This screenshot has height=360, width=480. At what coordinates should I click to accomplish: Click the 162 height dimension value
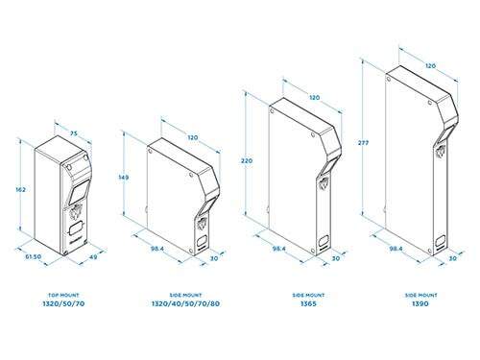pyautogui.click(x=20, y=190)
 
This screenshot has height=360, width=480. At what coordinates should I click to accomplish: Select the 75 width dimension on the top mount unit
pyautogui.click(x=74, y=133)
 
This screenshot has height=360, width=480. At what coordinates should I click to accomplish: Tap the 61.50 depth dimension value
pyautogui.click(x=34, y=256)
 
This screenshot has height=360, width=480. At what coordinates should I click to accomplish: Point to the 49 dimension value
pyautogui.click(x=93, y=257)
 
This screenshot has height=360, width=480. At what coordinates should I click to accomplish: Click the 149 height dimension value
pyautogui.click(x=124, y=178)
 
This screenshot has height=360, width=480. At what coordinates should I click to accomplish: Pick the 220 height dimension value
pyautogui.click(x=247, y=161)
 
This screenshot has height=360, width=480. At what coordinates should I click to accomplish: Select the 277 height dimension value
pyautogui.click(x=363, y=143)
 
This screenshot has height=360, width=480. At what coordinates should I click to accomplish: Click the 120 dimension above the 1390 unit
pyautogui.click(x=430, y=66)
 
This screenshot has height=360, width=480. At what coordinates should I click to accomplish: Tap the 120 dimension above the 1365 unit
pyautogui.click(x=314, y=97)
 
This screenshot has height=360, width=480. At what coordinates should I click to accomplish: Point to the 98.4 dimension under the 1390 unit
pyautogui.click(x=396, y=249)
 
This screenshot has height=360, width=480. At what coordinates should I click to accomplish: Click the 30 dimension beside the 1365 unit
pyautogui.click(x=336, y=258)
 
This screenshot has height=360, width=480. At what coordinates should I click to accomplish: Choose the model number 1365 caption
pyautogui.click(x=308, y=303)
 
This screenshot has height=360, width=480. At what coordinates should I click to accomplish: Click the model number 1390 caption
pyautogui.click(x=420, y=303)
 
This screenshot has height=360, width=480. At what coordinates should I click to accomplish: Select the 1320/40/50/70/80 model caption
pyautogui.click(x=185, y=303)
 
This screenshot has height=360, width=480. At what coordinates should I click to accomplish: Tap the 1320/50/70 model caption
pyautogui.click(x=63, y=303)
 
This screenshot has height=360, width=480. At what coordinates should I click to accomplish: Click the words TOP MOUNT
pyautogui.click(x=63, y=295)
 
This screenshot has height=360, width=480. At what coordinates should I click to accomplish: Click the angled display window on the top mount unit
pyautogui.click(x=79, y=191)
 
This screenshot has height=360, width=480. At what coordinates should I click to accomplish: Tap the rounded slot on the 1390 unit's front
pyautogui.click(x=441, y=240)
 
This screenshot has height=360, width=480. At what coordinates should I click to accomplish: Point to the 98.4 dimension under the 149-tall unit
pyautogui.click(x=157, y=249)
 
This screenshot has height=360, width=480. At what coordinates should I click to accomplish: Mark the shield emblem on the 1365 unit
pyautogui.click(x=324, y=184)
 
